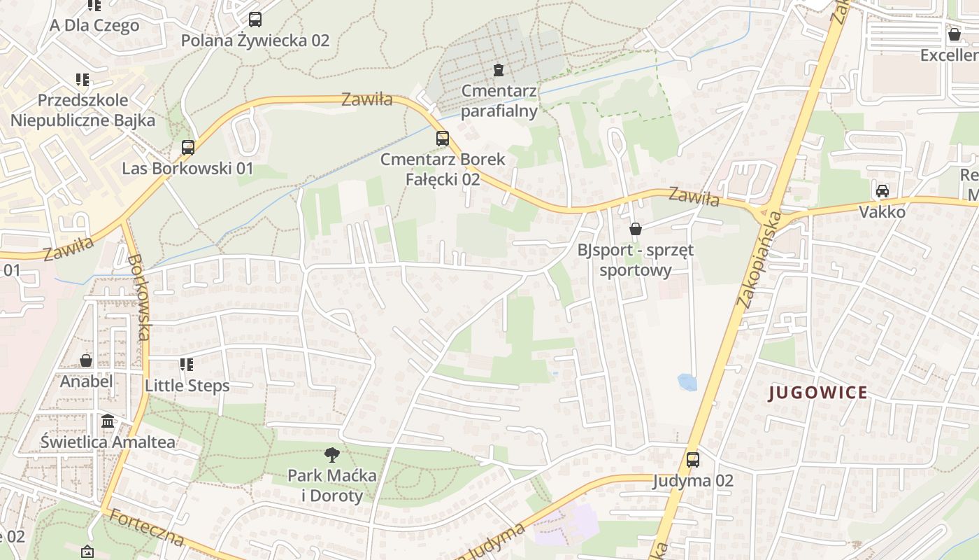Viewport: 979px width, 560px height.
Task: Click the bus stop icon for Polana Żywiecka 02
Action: [255, 20]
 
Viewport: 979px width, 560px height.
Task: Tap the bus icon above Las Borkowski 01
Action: [187, 148]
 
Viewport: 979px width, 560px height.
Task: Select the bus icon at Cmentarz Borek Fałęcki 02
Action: [442, 139]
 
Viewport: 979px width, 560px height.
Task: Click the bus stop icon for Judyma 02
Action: [692, 460]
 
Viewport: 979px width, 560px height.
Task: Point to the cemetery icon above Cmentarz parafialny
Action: [498, 70]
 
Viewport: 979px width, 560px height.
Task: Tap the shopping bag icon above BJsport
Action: [636, 229]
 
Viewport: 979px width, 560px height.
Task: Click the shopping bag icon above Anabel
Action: [86, 360]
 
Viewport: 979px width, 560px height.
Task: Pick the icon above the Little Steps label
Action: [186, 365]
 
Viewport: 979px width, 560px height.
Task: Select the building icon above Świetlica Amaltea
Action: [108, 421]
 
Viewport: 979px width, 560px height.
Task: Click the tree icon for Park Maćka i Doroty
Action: [332, 455]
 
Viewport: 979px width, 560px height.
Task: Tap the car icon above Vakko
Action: [882, 191]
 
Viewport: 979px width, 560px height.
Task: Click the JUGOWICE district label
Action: [818, 393]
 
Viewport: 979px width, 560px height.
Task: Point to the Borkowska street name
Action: [138, 297]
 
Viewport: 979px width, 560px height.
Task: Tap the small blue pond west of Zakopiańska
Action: [687, 382]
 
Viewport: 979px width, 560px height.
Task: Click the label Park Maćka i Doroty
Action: [332, 486]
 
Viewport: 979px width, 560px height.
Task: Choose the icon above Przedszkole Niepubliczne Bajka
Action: [83, 80]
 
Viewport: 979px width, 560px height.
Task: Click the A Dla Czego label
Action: [94, 26]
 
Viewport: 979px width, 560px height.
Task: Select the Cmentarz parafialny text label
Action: [499, 101]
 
